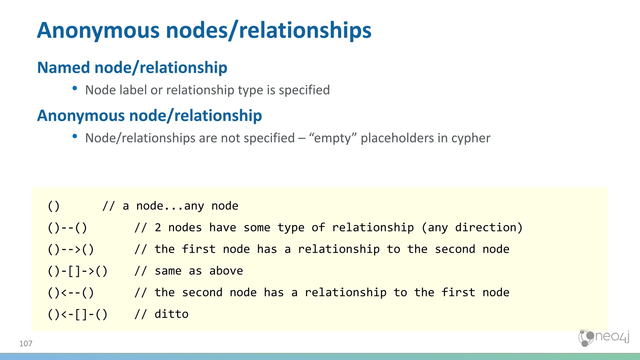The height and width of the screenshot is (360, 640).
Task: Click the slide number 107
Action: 26,344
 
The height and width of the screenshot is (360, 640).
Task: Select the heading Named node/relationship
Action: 132,67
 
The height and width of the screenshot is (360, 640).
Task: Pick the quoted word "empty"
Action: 332,138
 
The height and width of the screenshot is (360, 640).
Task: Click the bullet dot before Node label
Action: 75,88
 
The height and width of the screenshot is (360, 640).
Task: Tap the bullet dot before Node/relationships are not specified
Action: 75,136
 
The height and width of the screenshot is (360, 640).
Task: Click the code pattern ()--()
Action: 67,227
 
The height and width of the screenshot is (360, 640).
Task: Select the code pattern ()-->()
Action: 71,249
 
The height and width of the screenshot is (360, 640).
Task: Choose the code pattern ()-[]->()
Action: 77,271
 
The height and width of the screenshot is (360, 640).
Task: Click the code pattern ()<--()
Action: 71,293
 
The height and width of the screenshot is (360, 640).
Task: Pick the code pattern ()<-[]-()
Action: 77,314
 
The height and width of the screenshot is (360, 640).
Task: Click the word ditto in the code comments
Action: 172,314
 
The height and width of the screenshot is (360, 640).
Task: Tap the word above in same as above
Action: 226,271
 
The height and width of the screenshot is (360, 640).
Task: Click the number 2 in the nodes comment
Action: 158,227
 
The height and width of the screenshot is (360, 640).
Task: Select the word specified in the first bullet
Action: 304,90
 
